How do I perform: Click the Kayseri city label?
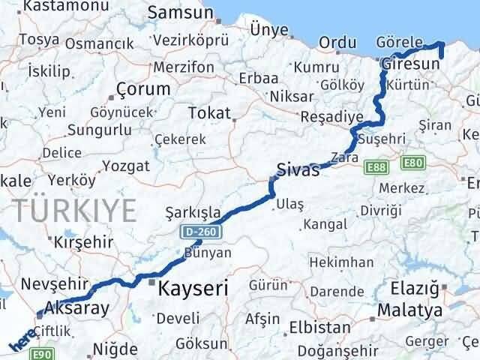tap(191, 286)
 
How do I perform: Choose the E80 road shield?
tap(413, 162)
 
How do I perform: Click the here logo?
tap(21, 341)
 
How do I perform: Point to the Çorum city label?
tap(142, 89)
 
